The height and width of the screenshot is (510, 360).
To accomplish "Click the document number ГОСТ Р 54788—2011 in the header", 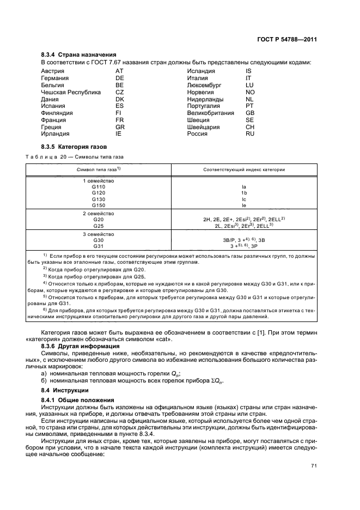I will pyautogui.click(x=287, y=39).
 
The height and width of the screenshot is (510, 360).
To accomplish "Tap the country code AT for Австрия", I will pyautogui.click(x=119, y=71).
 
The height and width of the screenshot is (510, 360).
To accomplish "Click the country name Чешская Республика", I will pyautogui.click(x=71, y=92).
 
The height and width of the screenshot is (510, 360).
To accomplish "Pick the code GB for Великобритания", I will pyautogui.click(x=250, y=113).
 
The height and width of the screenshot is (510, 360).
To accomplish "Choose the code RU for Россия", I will pyautogui.click(x=250, y=133).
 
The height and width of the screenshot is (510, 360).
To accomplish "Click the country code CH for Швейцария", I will pyautogui.click(x=250, y=127).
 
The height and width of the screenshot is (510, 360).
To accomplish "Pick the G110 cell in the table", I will pyautogui.click(x=98, y=186).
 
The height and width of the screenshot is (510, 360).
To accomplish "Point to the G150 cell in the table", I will pyautogui.click(x=98, y=205).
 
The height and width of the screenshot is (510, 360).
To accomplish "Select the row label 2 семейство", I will pyautogui.click(x=98, y=213).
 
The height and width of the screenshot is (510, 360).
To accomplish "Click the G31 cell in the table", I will pyautogui.click(x=98, y=246).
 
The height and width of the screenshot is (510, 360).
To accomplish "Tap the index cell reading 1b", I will pyautogui.click(x=244, y=193).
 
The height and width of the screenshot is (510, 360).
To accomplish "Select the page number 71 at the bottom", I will pyautogui.click(x=313, y=465).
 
